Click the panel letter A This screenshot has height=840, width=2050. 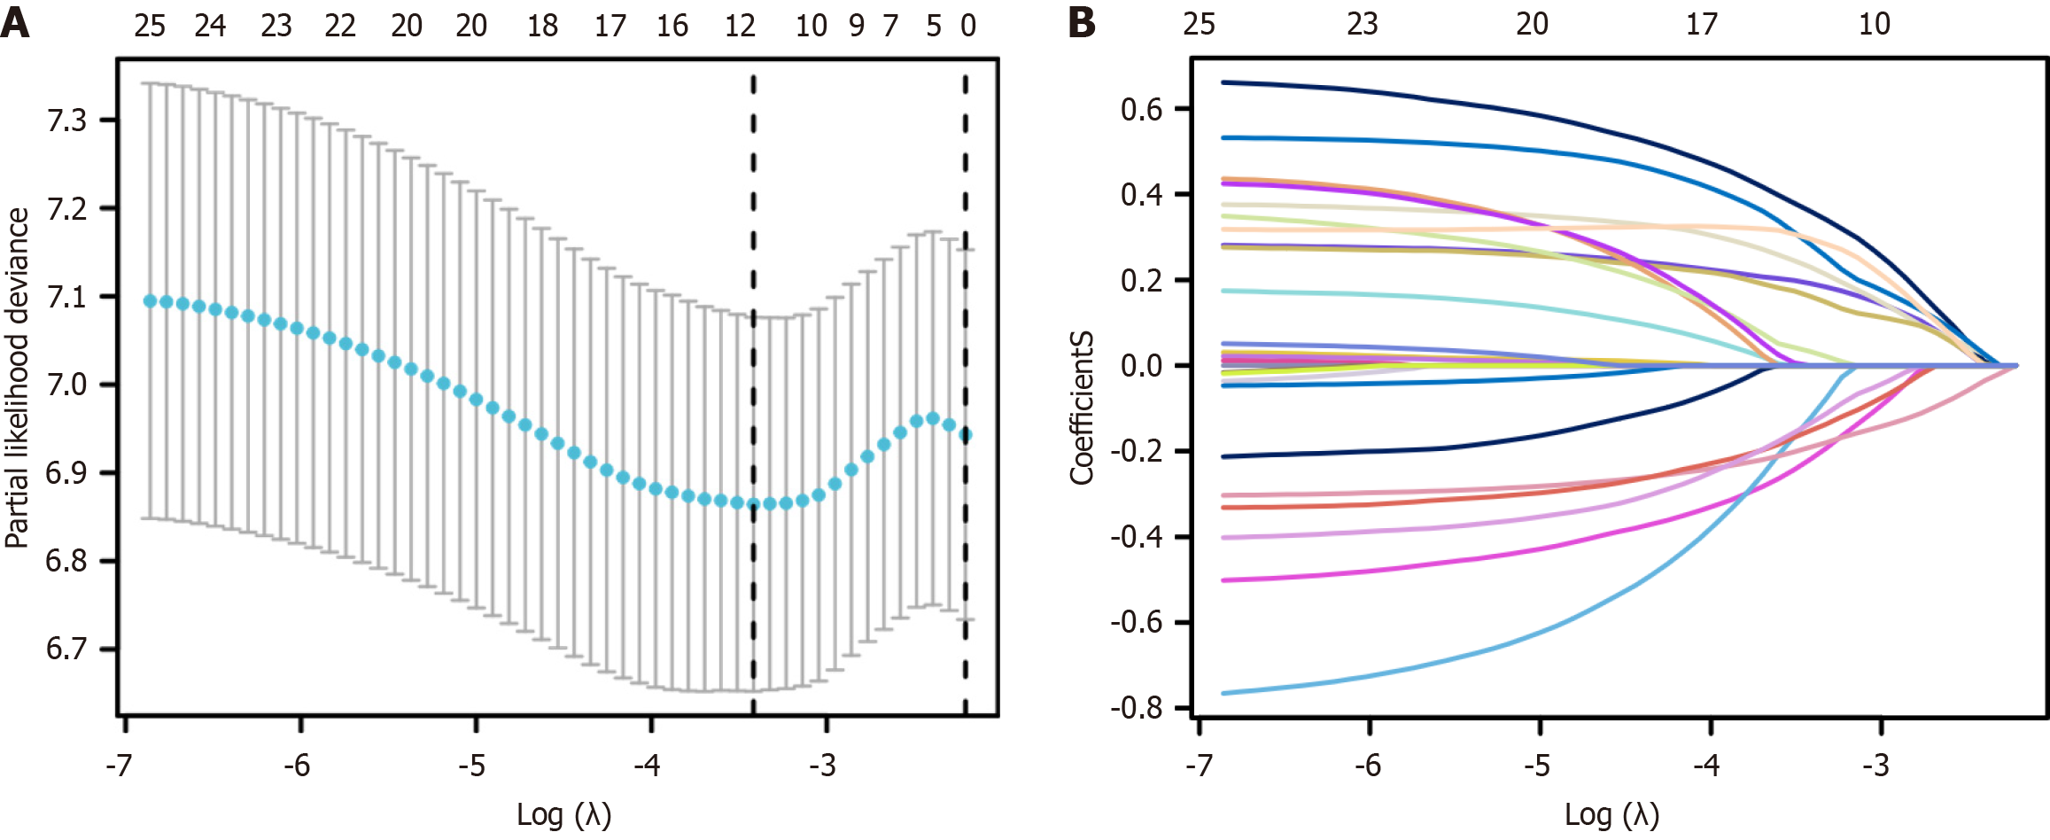point(15,24)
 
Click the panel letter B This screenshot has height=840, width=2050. point(1082,24)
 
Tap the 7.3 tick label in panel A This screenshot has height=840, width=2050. point(66,121)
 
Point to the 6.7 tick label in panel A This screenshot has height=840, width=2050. point(66,649)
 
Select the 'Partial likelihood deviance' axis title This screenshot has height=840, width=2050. point(17,378)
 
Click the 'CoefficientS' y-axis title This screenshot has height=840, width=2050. point(1082,408)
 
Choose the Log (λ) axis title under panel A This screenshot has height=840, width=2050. point(564,813)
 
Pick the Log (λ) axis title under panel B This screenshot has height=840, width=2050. point(1611,813)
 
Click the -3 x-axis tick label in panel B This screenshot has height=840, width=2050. point(1875,765)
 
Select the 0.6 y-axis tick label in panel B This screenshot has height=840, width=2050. point(1142,110)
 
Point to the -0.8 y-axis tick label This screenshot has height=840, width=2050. point(1137,708)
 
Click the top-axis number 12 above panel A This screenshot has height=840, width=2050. point(740,26)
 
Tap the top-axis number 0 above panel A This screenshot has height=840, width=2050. point(968,26)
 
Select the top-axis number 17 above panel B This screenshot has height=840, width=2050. point(1701,24)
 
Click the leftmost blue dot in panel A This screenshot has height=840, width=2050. point(150,301)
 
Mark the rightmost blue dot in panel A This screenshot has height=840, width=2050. point(966,435)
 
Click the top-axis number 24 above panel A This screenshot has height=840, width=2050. point(210,26)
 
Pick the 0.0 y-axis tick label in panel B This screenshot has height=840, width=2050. point(1142,366)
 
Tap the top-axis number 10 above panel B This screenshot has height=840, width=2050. point(1875,24)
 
